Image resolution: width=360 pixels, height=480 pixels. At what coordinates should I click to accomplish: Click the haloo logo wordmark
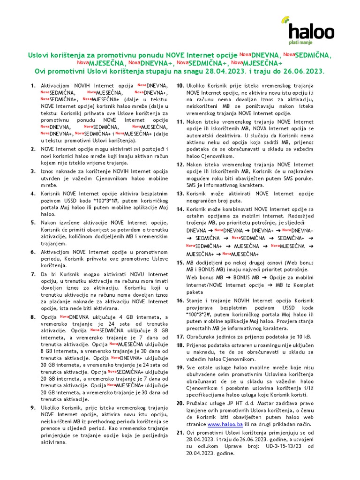[x=311, y=31]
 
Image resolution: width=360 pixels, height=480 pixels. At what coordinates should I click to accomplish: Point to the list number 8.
[x=33, y=317]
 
